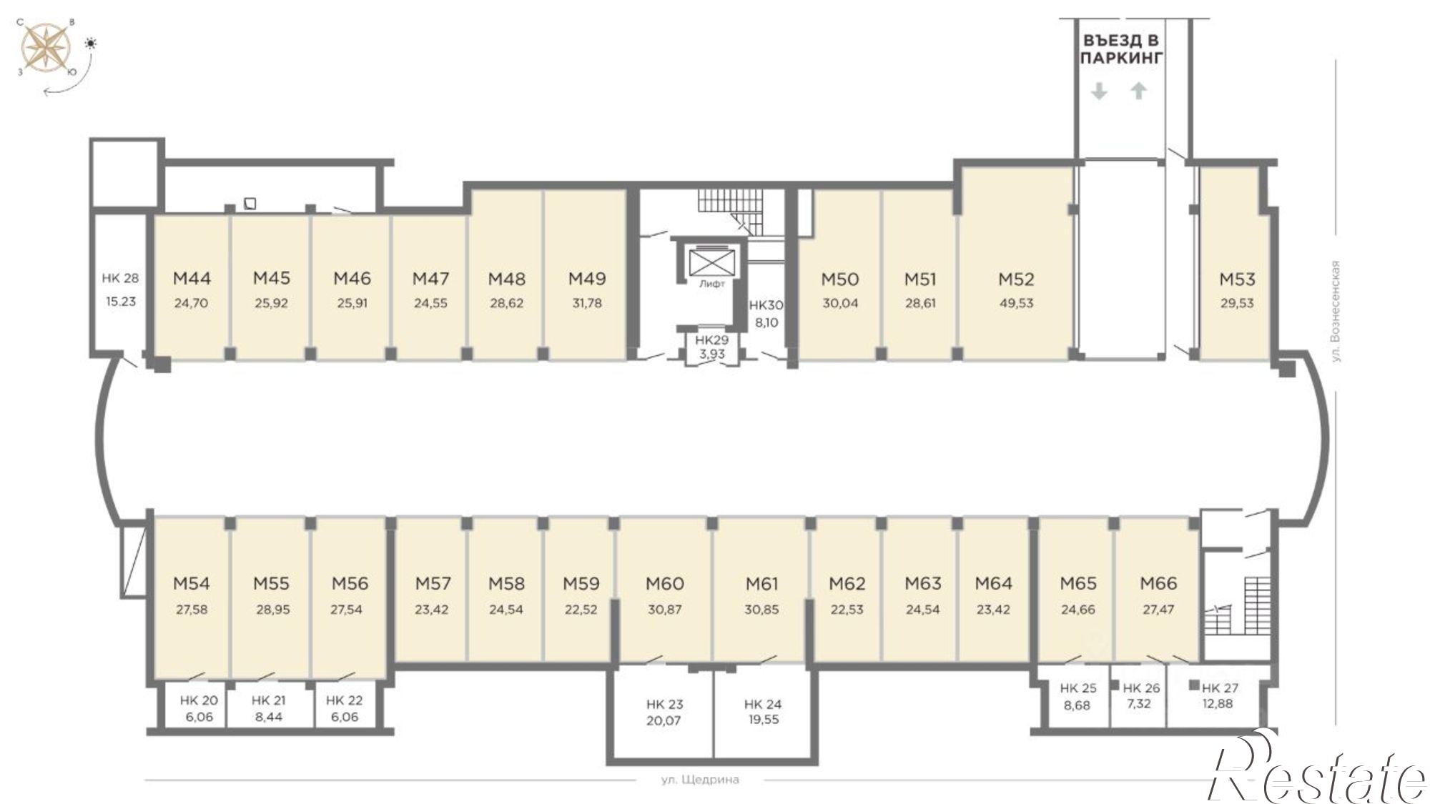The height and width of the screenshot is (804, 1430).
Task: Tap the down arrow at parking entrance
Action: [1099, 91]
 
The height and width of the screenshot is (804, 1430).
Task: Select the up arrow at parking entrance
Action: [1139, 91]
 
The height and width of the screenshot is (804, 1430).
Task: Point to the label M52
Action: [1016, 279]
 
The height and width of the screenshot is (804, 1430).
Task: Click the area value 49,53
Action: [1016, 302]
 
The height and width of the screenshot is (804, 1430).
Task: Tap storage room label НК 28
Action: [120, 278]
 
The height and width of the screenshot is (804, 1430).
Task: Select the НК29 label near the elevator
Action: [711, 340]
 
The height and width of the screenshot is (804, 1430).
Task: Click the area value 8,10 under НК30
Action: [766, 322]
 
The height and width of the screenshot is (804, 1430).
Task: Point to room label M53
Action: [1237, 279]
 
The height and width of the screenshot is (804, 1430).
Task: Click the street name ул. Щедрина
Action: [700, 780]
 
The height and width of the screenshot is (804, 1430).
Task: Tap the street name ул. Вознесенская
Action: [1336, 311]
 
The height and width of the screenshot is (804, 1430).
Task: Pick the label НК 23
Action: [664, 704]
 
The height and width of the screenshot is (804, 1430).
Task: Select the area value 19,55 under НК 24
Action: [763, 720]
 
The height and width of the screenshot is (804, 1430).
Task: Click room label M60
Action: [665, 584]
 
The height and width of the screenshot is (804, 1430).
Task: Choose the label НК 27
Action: [1220, 688]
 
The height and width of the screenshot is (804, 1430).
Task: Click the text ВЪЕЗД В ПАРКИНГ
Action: [1121, 49]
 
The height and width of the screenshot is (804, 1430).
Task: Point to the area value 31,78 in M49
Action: [587, 302]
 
